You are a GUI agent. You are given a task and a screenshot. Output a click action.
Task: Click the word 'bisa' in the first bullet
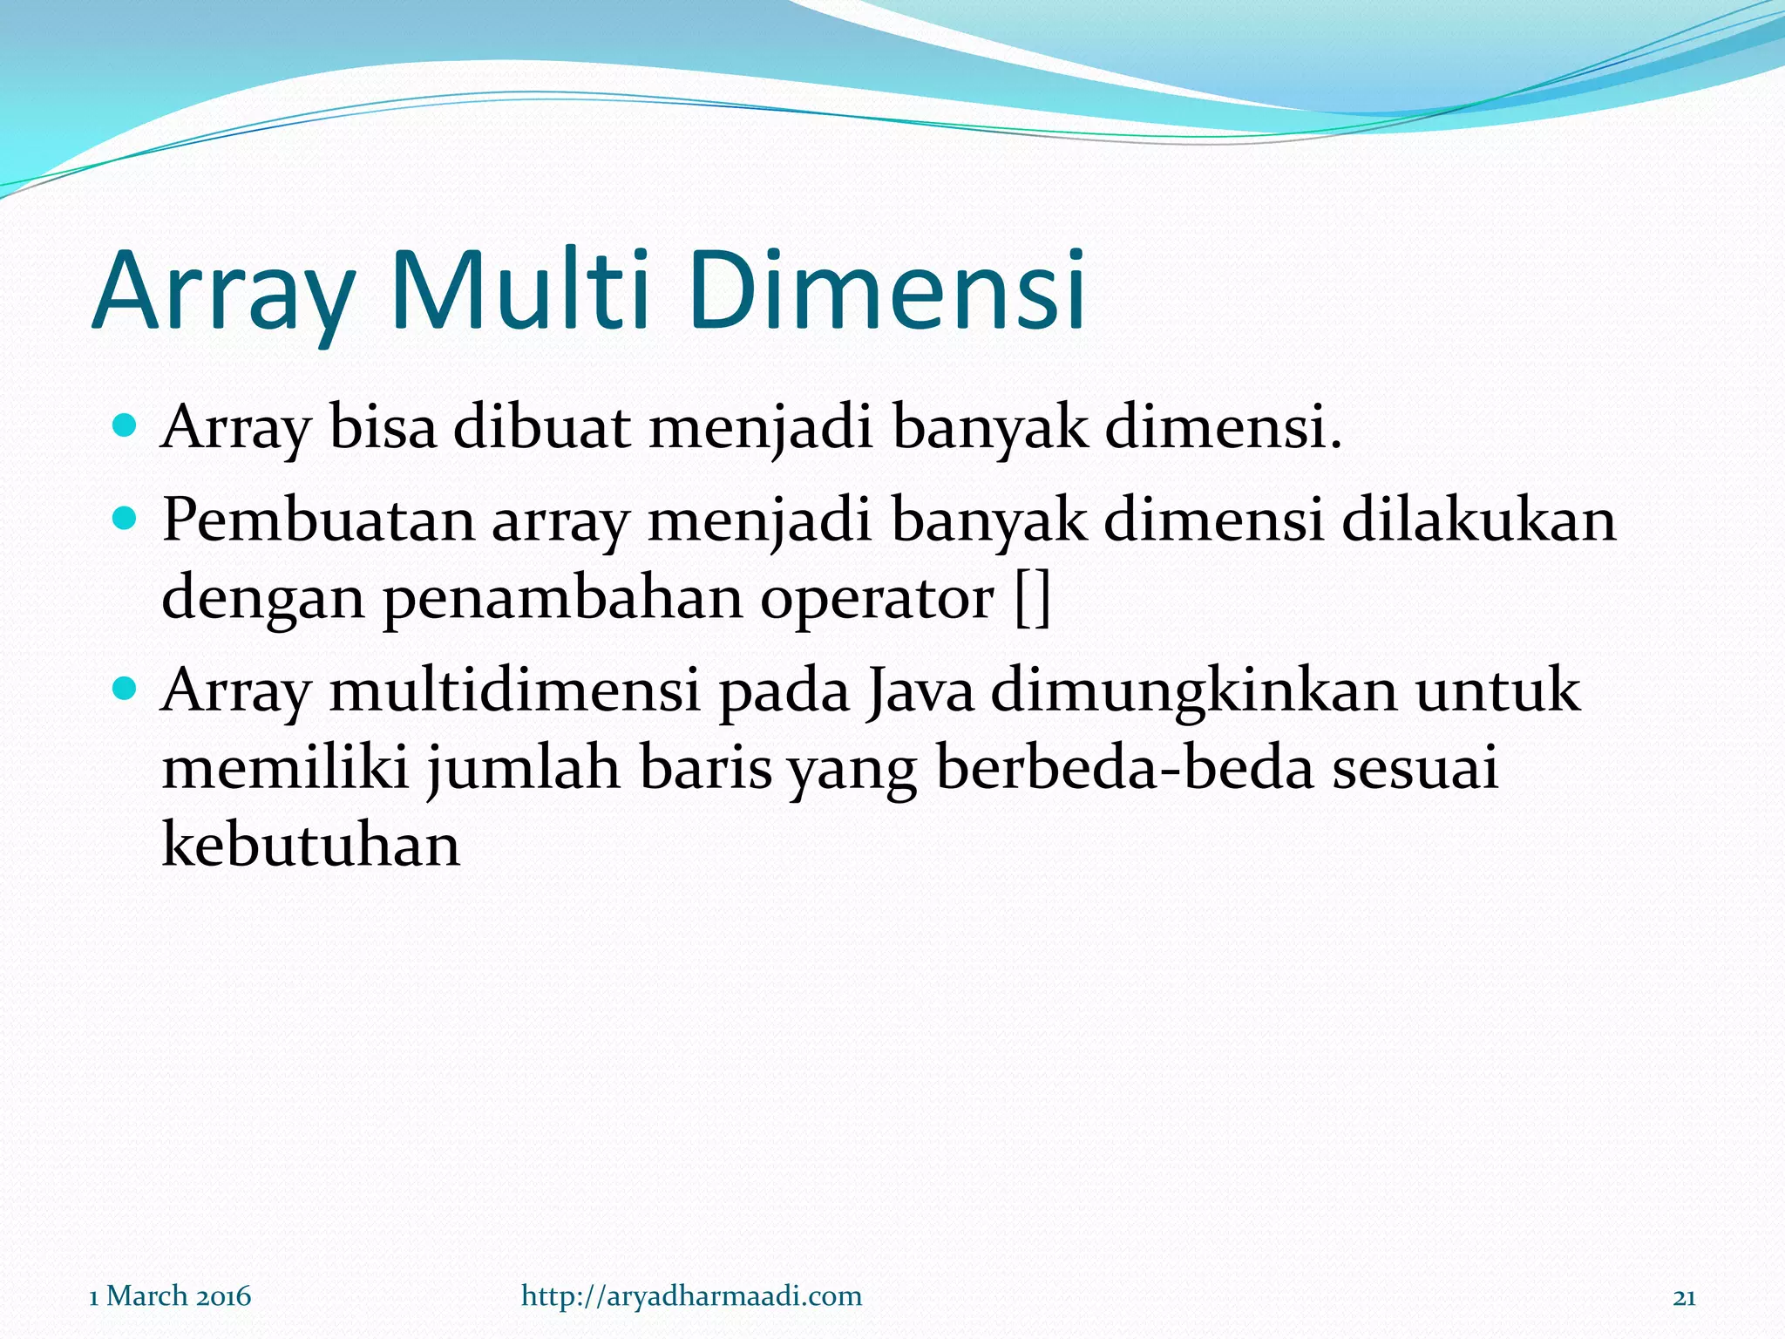pos(382,428)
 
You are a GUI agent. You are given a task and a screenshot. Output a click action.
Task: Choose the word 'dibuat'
pos(540,428)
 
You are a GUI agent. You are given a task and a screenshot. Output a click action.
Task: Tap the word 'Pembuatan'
pos(318,520)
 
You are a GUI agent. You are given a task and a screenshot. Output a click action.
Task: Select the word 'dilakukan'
pos(1478,520)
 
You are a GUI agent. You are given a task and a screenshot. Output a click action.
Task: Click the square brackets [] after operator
pos(1033,599)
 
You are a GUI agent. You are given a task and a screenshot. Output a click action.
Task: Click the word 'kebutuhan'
pos(310,845)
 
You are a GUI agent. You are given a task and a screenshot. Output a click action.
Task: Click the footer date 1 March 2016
pos(170,1296)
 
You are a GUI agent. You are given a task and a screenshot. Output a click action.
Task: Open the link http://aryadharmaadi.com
pos(691,1296)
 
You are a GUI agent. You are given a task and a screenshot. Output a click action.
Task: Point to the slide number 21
pos(1684,1297)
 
